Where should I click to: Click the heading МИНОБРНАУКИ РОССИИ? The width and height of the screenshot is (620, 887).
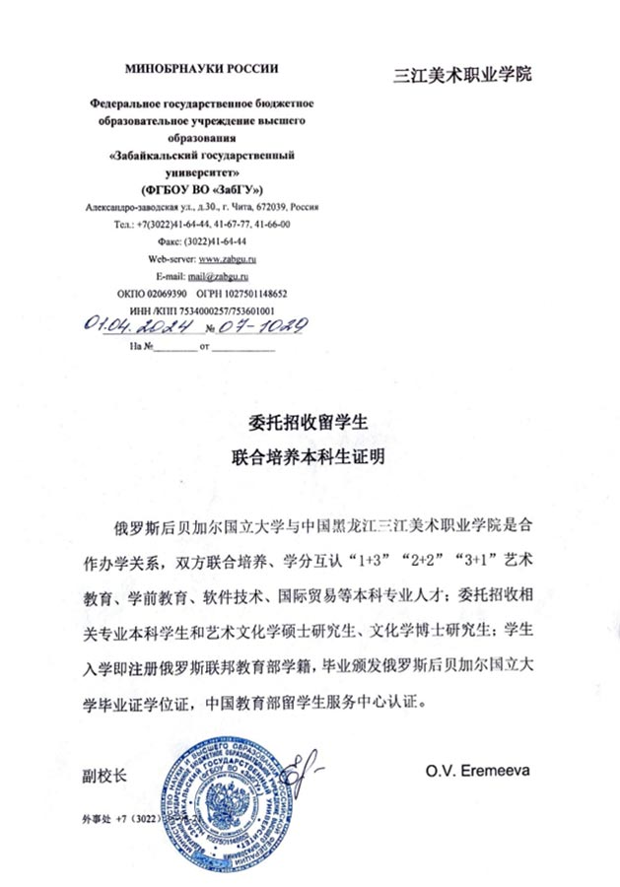coord(202,68)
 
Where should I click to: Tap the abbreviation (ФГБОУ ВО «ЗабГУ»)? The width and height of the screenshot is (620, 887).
coord(202,188)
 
